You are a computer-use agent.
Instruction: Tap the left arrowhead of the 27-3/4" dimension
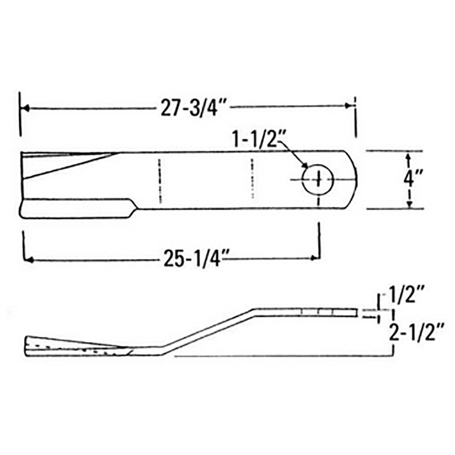point(26,109)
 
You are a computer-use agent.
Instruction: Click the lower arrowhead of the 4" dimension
point(409,204)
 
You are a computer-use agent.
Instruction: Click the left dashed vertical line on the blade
point(160,181)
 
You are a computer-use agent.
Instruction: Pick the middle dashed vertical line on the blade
point(252,179)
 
